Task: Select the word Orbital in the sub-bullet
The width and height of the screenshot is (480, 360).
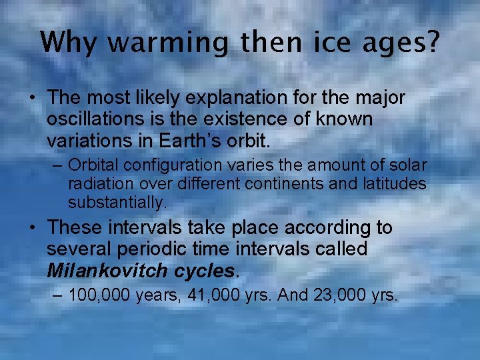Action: pyautogui.click(x=92, y=165)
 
